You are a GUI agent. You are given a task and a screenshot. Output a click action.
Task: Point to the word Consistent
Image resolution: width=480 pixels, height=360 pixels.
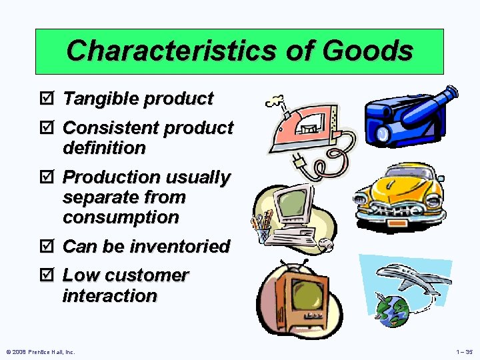[110, 127]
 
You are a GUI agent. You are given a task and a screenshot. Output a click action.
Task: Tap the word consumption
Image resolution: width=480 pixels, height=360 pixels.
[121, 217]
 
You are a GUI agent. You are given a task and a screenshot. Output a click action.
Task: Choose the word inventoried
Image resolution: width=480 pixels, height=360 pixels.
[179, 247]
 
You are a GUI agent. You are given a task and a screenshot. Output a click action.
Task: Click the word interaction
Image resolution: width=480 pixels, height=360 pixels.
[109, 295]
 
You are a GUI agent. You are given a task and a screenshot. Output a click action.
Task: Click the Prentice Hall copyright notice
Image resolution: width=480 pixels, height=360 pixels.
[40, 351]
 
